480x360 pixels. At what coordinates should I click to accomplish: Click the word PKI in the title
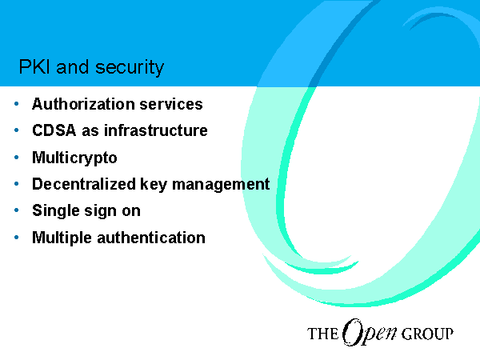click(x=34, y=66)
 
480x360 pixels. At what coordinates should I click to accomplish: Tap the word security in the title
click(x=130, y=68)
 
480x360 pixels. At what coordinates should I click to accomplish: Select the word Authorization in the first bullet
click(x=83, y=104)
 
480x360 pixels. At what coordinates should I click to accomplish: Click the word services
click(x=171, y=104)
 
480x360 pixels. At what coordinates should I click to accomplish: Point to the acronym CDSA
click(x=54, y=130)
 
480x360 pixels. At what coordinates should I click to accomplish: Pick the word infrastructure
click(x=156, y=130)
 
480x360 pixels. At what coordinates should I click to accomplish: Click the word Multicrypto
click(x=74, y=158)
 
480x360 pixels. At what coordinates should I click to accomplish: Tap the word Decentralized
click(x=84, y=184)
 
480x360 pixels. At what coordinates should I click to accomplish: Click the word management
click(x=221, y=185)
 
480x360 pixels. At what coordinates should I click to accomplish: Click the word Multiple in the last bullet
click(x=62, y=238)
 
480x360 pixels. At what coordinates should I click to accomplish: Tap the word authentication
click(x=151, y=238)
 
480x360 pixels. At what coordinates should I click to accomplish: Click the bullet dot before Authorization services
click(x=17, y=104)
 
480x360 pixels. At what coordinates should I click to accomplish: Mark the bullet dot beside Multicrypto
click(x=17, y=158)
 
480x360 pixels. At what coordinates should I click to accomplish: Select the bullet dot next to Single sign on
click(x=17, y=210)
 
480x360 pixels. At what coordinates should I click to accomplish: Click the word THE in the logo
click(x=322, y=334)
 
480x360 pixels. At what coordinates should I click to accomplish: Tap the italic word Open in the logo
click(x=370, y=332)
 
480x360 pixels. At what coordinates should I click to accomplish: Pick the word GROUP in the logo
click(x=427, y=334)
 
